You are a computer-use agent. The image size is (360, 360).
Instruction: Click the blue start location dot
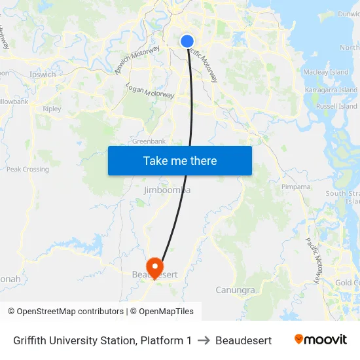[187, 41]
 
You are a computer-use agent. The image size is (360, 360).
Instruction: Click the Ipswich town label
[43, 75]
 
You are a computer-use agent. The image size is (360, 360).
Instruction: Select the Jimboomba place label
[167, 190]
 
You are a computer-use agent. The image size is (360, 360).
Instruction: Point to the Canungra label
[235, 289]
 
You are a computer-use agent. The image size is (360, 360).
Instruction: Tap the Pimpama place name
[296, 187]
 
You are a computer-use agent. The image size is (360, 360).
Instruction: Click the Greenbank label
[149, 141]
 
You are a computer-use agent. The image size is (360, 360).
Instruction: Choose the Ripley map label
[52, 109]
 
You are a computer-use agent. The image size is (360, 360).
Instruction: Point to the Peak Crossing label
[27, 169]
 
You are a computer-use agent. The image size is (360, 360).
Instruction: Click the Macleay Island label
[326, 72]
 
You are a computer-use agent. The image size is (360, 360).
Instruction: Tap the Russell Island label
[336, 106]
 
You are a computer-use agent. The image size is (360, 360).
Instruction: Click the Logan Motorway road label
[150, 91]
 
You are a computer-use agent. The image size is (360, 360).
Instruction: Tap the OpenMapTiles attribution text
[166, 312]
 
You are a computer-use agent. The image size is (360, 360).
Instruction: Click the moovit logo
[321, 340]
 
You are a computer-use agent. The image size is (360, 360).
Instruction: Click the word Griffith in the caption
[31, 340]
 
